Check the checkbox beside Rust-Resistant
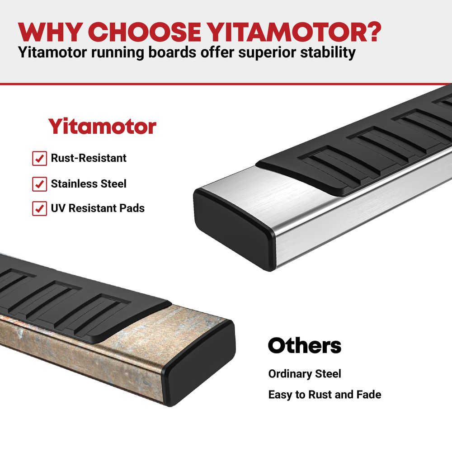(x=39, y=158)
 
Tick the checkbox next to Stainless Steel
(x=39, y=184)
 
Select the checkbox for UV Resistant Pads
(x=39, y=208)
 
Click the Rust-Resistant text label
(x=89, y=158)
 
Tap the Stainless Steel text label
(x=89, y=184)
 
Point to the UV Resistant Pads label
(x=98, y=208)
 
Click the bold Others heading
(x=304, y=345)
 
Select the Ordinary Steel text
(x=304, y=374)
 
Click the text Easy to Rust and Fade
(x=325, y=395)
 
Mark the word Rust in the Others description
(x=320, y=395)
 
